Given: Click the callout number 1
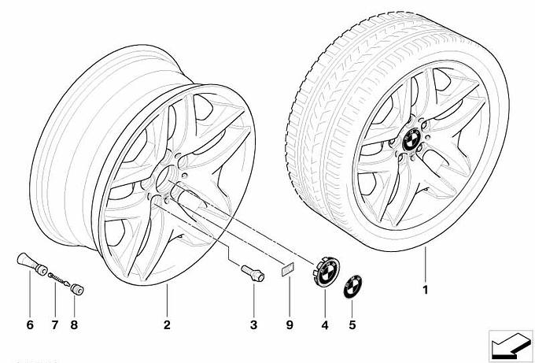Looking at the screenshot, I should click(425, 290).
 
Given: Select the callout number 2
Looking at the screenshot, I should click(167, 324).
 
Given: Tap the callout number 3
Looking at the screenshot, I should click(254, 324).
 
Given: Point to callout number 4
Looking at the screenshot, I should click(324, 324).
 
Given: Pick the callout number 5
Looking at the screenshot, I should click(352, 324).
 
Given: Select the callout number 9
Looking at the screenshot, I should click(290, 324).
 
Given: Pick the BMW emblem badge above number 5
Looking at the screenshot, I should click(351, 288).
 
